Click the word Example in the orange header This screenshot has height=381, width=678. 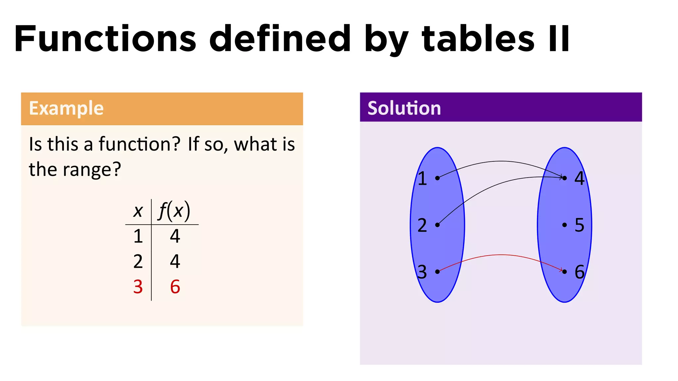coord(66,108)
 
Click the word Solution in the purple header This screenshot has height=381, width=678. coord(404,108)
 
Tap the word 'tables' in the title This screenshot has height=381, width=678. coord(478,39)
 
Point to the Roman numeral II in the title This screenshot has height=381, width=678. coord(559,39)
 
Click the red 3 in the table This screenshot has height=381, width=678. coord(138,287)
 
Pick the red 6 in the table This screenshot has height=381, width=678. coord(175,287)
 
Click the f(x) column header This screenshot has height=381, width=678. coord(174,211)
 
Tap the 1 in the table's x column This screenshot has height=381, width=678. coord(138,236)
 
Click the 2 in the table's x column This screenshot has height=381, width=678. coord(138,262)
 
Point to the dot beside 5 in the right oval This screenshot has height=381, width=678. coord(564,225)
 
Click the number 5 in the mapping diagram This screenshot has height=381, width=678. coord(579,225)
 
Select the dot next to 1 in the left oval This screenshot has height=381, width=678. coord(437,178)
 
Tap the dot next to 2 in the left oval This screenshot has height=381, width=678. coord(437,225)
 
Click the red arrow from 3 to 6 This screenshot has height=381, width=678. coord(501,255)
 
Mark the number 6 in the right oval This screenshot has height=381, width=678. coord(579,272)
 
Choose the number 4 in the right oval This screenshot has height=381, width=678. coord(579,178)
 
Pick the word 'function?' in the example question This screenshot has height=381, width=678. coord(139,145)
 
